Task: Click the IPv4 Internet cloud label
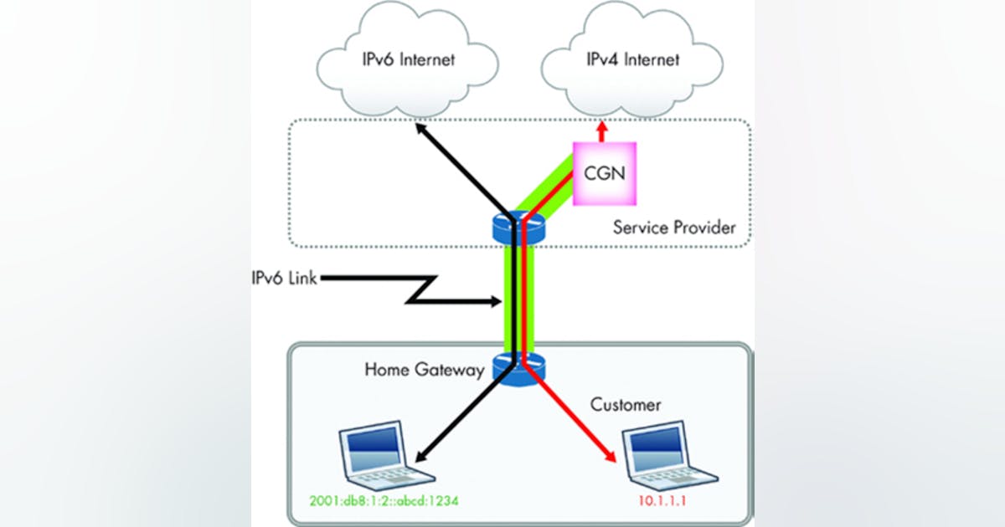[x=619, y=59]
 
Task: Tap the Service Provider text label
[x=673, y=227]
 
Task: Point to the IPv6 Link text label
[x=285, y=279]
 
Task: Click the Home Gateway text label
[x=425, y=369]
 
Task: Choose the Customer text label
[x=626, y=405]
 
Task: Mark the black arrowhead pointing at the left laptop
[x=420, y=456]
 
